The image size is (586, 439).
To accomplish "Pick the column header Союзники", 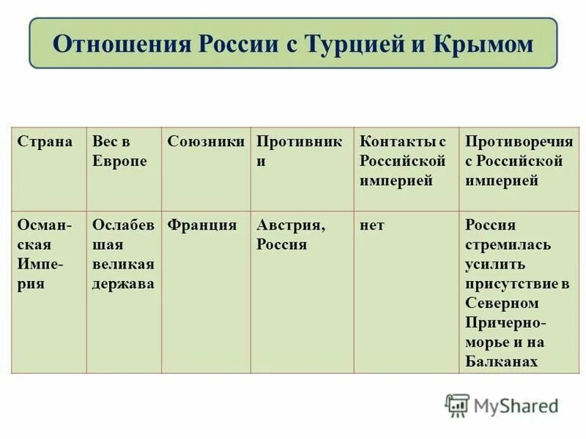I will click(206, 141).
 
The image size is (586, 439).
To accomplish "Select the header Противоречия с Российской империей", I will click(513, 161).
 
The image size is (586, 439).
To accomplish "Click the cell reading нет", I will click(371, 225).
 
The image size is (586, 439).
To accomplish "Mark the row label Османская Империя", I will click(45, 255).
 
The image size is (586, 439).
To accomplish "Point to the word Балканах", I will click(501, 361).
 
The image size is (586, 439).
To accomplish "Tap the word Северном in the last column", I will click(502, 303).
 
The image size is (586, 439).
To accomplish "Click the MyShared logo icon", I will click(456, 405).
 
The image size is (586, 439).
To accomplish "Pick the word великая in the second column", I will click(123, 264).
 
